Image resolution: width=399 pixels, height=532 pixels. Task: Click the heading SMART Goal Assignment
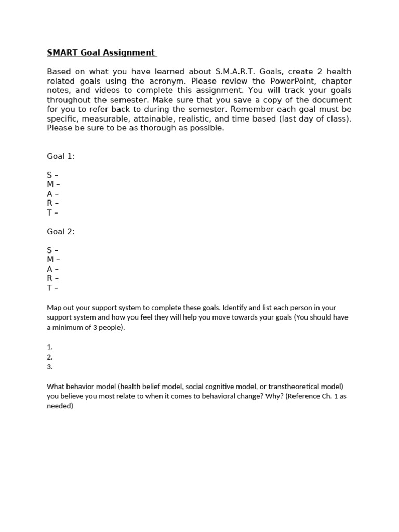101,52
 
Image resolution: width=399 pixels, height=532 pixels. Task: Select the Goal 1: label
61,156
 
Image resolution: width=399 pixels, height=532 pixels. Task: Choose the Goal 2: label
61,232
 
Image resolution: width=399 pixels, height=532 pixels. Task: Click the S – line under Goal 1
52,175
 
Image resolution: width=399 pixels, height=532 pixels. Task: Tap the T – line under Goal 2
52,288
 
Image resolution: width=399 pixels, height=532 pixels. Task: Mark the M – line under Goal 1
54,184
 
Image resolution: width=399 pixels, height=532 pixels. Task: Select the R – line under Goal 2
52,278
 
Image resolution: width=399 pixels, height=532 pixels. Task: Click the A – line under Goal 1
52,194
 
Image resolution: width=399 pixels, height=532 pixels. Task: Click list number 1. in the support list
50,347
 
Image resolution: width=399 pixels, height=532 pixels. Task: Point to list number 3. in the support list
50,367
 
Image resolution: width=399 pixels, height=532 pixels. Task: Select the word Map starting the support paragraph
54,308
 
